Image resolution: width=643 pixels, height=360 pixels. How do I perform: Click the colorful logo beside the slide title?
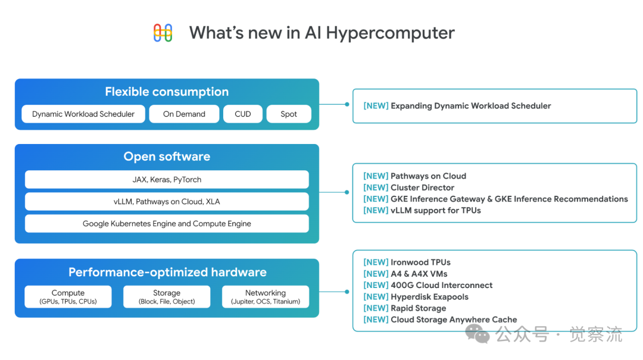pos(163,33)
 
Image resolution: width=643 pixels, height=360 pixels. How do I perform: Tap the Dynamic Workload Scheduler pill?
pos(83,114)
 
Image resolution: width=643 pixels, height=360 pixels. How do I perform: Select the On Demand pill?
pos(184,114)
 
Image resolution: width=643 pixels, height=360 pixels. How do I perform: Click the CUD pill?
pos(243,114)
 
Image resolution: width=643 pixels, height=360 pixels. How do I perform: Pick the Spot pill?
pos(289,114)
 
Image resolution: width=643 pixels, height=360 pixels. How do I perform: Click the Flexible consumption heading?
pos(167,92)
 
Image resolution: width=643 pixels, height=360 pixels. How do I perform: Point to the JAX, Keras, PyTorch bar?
pos(167,180)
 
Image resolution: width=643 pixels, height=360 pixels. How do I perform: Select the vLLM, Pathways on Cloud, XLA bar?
pos(167,202)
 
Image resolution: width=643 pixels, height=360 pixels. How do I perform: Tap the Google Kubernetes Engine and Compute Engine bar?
pos(167,224)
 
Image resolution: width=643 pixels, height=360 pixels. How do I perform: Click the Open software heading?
pos(167,156)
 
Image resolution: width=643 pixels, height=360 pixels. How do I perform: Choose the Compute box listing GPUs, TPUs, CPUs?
pos(68,297)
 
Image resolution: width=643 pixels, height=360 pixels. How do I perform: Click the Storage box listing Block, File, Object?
pos(167,297)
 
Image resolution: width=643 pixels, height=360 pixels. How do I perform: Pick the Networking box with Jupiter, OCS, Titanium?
pos(266,297)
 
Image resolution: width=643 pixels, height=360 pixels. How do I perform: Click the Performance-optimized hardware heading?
pos(167,273)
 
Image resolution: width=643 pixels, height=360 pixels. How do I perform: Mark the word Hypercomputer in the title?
pos(390,33)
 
